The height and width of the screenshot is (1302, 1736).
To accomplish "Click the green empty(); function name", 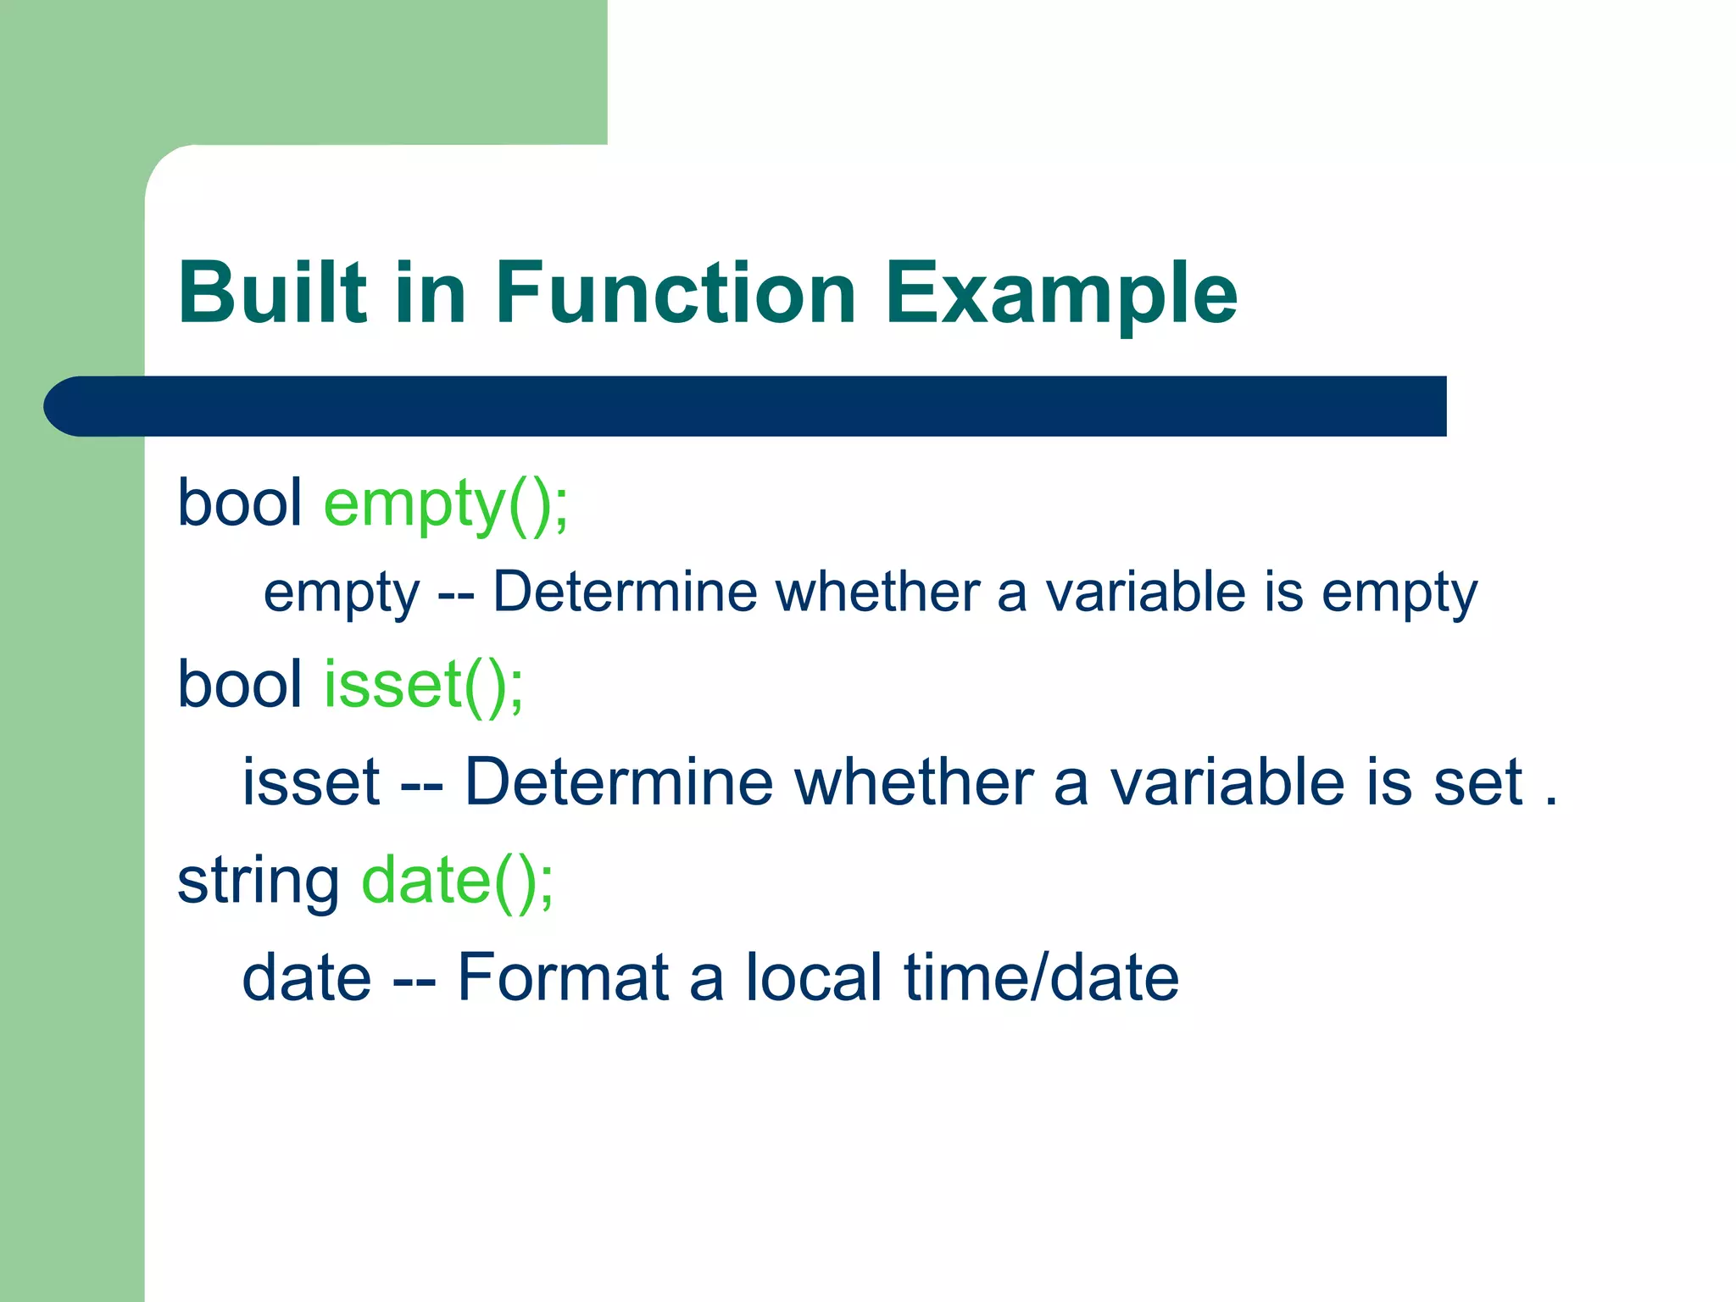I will click(446, 504).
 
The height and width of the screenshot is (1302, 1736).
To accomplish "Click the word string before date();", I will click(259, 882).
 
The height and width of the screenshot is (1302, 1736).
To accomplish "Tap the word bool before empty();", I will click(240, 504).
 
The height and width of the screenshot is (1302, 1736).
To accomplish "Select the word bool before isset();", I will click(240, 684).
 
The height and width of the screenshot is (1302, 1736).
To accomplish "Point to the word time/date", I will click(1042, 977).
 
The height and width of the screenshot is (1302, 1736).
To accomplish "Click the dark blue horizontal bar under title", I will click(763, 406).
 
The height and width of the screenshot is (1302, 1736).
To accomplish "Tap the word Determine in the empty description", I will click(625, 592).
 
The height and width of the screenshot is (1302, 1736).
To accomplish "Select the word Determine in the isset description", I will click(619, 782).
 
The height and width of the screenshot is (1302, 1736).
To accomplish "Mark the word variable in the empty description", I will click(1145, 592).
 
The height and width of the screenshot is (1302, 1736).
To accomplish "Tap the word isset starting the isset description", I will click(311, 782).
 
